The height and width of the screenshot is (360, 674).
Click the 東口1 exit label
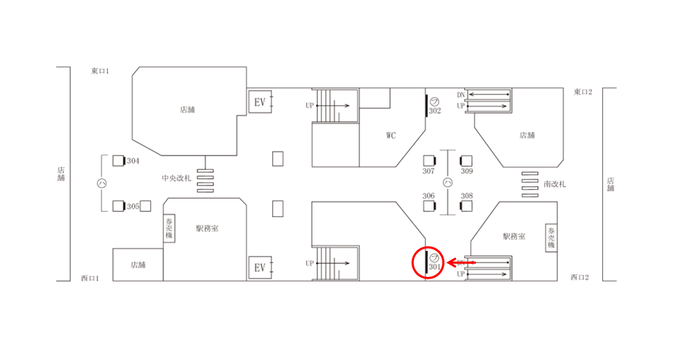pos(100,71)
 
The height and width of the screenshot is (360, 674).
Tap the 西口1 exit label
pos(89,278)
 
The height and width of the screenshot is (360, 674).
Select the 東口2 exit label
pos(582,92)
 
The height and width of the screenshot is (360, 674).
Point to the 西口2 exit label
pos(581,277)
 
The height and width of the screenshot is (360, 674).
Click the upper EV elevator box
pos(260,101)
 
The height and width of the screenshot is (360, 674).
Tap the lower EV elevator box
pos(260,268)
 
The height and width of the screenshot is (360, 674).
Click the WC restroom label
pos(392,135)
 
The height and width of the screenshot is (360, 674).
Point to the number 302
pos(435,111)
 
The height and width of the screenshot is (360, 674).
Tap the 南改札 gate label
pos(555,184)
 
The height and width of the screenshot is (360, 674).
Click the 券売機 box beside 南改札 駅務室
pos(551,238)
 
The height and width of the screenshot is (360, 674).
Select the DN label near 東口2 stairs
pos(461,95)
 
